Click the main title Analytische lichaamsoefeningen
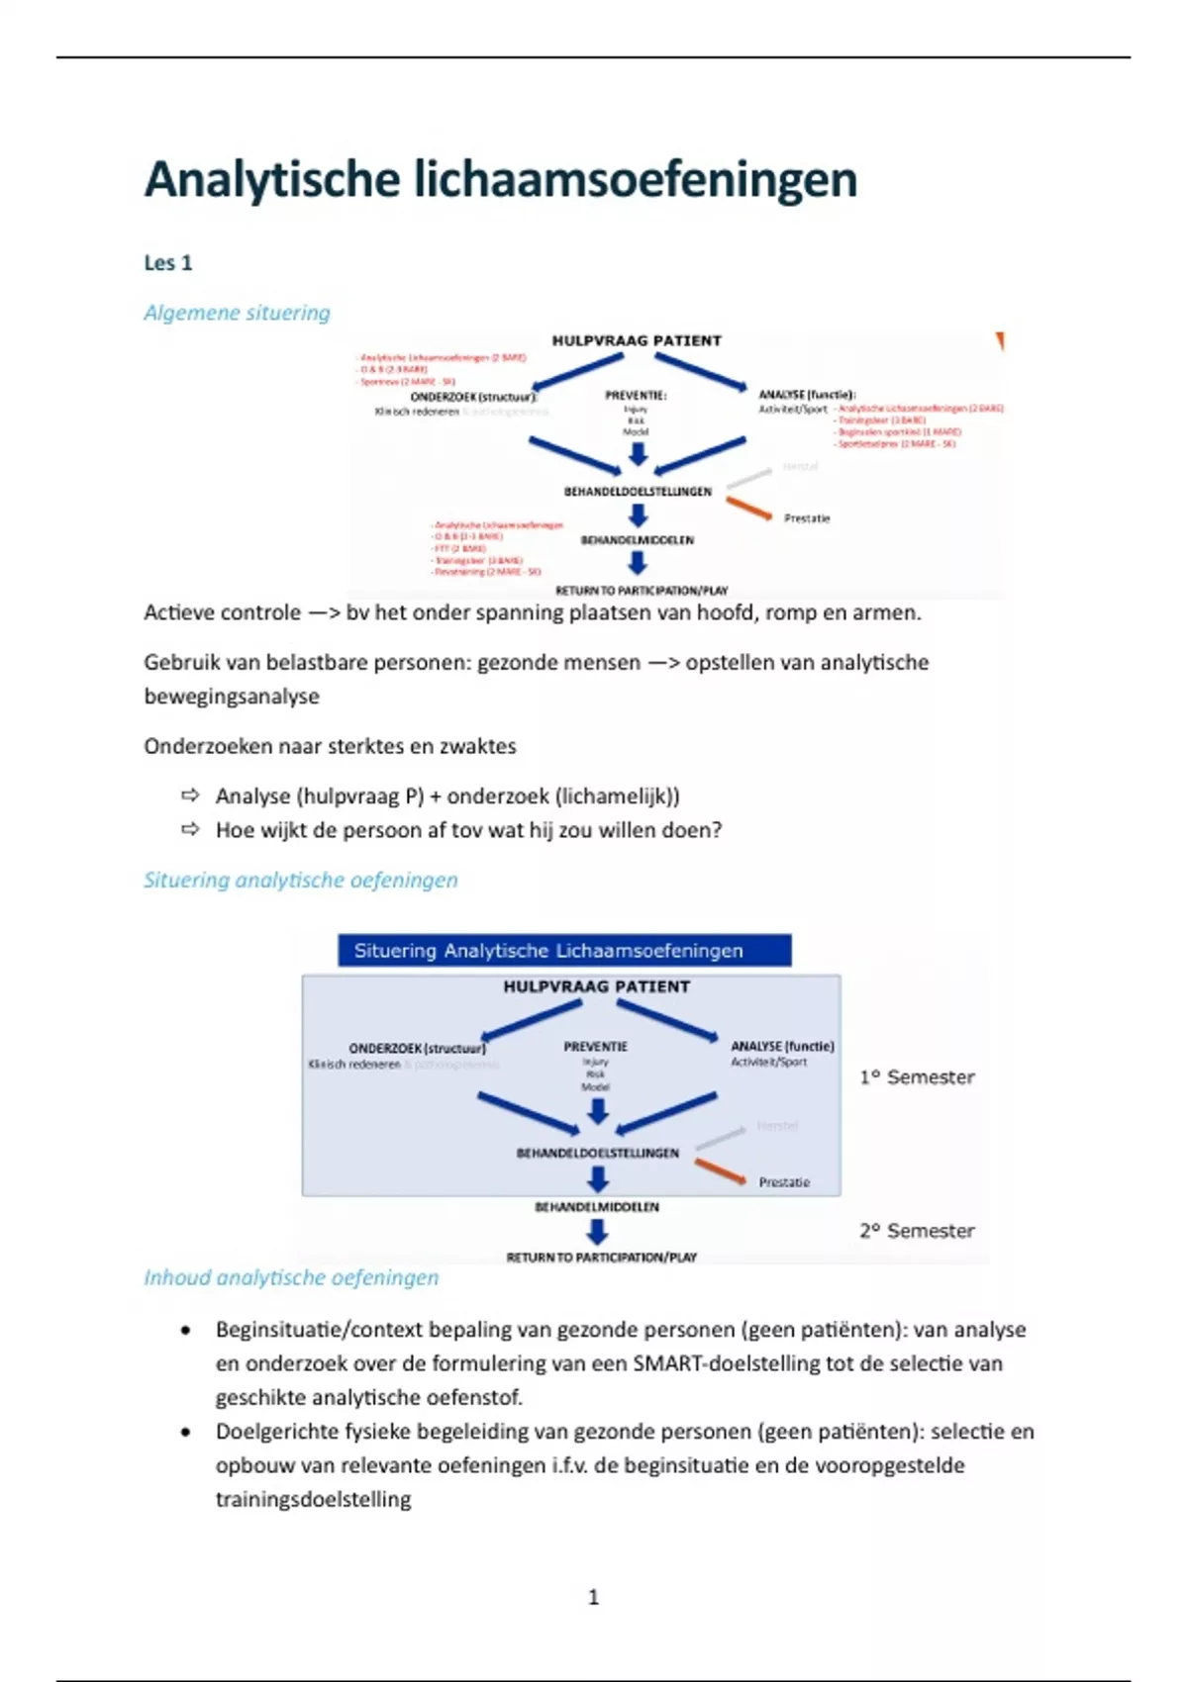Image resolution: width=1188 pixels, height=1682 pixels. pos(500,180)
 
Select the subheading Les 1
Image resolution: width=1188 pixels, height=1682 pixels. pos(168,263)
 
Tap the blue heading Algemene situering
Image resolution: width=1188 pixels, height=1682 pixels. pos(237,313)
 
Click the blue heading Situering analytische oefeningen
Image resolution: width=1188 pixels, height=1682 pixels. pos(300,880)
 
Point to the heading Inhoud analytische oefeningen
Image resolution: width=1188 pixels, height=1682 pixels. pos(291,1277)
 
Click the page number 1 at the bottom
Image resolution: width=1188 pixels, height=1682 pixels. pos(593,1597)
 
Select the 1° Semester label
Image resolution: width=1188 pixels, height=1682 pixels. pos(917,1077)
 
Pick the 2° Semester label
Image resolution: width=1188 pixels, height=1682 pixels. pos(917,1231)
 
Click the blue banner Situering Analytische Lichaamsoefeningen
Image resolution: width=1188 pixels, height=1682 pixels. pos(564,951)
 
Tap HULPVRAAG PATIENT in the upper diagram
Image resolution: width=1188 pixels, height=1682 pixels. pos(637,340)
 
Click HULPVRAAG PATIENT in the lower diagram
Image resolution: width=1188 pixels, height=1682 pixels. pos(596,986)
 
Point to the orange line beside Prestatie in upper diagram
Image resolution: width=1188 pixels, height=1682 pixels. pos(748,509)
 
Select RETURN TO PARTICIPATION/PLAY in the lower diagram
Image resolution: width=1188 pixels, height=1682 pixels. pos(601,1258)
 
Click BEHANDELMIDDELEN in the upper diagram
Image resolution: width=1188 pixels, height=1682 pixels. pos(637,540)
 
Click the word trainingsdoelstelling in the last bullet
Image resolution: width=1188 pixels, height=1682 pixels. pos(313,1499)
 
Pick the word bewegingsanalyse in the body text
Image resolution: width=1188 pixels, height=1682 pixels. pos(232,697)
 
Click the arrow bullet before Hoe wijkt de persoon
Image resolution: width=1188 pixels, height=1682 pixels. pos(190,829)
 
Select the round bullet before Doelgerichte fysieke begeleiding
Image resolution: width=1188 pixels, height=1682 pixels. pos(185,1432)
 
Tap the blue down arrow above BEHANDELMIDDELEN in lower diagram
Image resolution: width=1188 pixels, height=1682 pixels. pos(597,1178)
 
